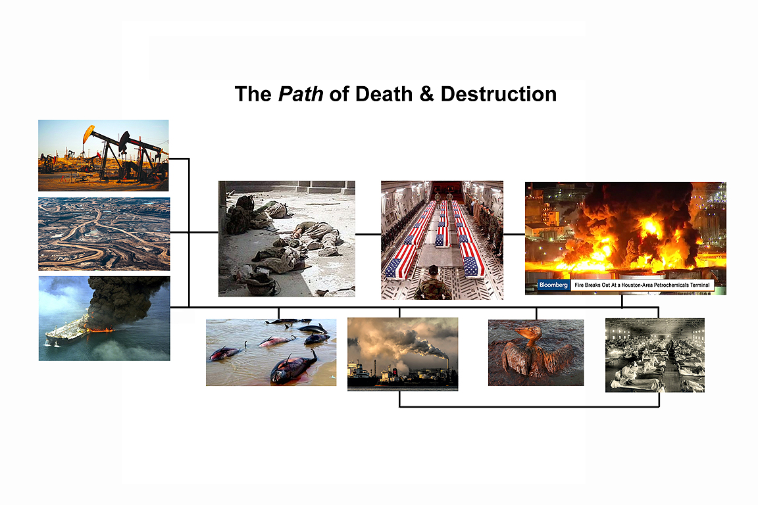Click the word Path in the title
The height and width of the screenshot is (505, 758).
[x=301, y=94]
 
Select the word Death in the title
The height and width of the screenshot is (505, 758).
[x=382, y=94]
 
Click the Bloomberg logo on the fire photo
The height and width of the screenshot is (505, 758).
[x=553, y=285]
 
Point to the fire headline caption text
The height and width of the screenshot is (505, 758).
[x=642, y=285]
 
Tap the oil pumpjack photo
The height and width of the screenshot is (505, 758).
[x=103, y=156]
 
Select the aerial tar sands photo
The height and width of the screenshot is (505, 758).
[x=104, y=234]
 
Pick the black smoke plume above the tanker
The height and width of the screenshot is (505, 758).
[x=126, y=300]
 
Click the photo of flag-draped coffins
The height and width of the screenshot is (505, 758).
[x=442, y=240]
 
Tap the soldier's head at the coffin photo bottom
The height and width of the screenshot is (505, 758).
[x=433, y=271]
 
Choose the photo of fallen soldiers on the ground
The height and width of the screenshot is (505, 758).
[x=287, y=239]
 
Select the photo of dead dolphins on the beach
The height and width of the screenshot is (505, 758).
[x=271, y=352]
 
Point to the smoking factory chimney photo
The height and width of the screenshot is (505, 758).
[x=403, y=354]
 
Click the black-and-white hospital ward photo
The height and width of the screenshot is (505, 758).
[x=655, y=355]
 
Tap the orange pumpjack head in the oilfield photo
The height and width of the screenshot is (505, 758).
[x=88, y=133]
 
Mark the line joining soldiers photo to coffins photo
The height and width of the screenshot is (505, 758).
[x=368, y=234]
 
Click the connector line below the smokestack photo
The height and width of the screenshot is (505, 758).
[x=529, y=406]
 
